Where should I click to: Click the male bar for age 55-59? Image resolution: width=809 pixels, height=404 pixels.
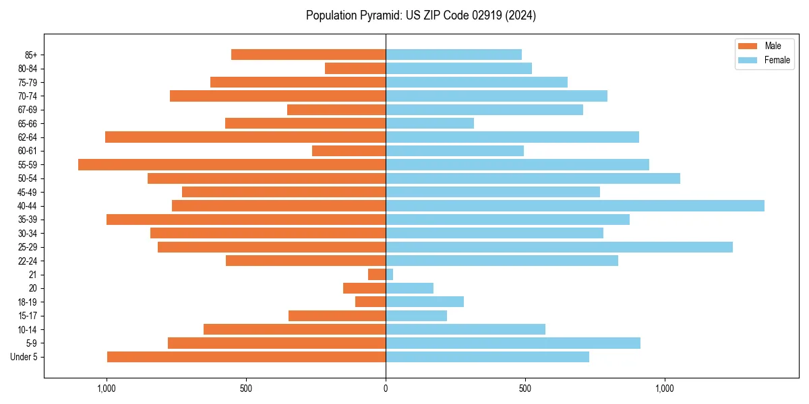tap(232, 164)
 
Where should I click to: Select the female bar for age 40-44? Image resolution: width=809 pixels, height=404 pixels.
tap(575, 205)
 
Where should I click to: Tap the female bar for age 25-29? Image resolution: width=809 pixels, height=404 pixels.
tap(559, 247)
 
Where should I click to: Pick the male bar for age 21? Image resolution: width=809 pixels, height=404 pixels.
tap(377, 275)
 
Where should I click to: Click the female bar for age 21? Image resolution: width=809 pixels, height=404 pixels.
tap(389, 275)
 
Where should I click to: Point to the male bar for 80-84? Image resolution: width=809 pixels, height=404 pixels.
tap(355, 68)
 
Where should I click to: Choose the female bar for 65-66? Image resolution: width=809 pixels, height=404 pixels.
tap(429, 123)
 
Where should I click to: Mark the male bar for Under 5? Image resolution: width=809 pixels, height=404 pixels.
tap(246, 357)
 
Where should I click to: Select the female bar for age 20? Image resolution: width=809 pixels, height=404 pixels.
tap(409, 288)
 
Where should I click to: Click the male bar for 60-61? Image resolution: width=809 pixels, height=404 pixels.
tap(349, 151)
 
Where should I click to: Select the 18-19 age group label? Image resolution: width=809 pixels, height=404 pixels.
tap(28, 302)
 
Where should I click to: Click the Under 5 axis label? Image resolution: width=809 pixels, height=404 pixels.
tap(24, 357)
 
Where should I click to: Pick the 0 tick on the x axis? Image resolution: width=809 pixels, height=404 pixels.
tap(386, 389)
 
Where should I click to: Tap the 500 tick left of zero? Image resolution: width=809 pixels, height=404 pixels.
tap(246, 389)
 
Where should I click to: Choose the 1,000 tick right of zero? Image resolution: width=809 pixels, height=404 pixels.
tap(665, 389)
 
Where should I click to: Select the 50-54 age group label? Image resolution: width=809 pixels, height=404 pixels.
tap(28, 178)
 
